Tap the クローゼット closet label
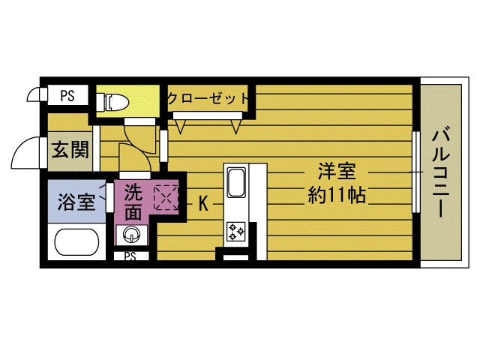(208, 98)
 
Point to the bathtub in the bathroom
(78, 243)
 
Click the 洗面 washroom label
(133, 201)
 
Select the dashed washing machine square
(165, 196)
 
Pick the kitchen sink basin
(235, 182)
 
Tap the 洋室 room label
(336, 171)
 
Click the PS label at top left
(67, 96)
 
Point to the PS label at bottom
(130, 256)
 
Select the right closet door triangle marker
(237, 126)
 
